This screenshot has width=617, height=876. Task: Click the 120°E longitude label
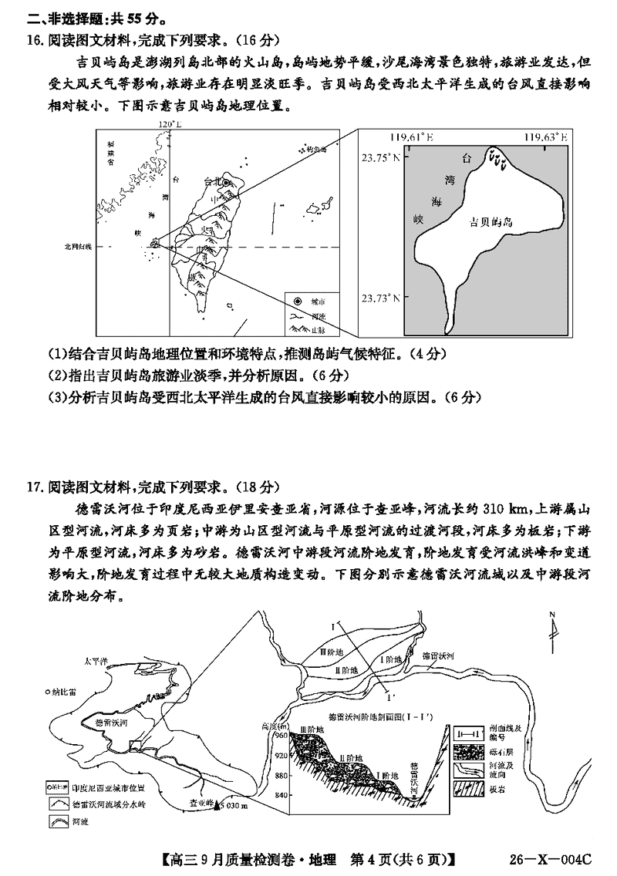(x=168, y=124)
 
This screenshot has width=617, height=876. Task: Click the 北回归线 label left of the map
(x=77, y=246)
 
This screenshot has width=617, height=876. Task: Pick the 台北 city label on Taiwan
(x=211, y=182)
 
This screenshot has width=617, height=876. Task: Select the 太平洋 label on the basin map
(x=97, y=661)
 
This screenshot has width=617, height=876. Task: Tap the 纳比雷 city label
(x=63, y=692)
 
